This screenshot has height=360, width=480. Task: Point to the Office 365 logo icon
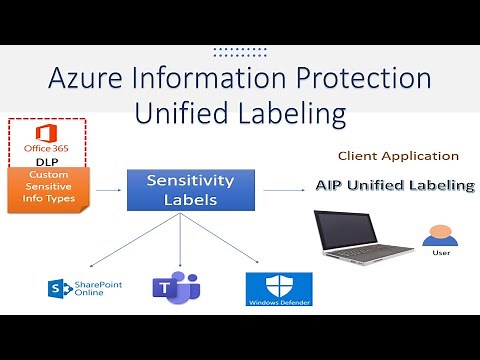click(45, 134)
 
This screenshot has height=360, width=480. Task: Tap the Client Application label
click(398, 156)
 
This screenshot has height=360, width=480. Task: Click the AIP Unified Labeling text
click(394, 185)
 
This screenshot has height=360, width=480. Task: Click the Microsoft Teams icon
click(176, 288)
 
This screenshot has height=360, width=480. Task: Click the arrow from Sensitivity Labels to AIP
click(276, 188)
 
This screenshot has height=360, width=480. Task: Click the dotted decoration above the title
click(240, 51)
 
